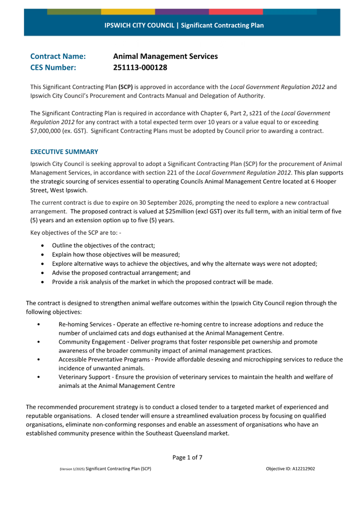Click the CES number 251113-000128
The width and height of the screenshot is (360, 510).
(140, 67)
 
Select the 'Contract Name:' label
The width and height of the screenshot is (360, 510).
(58, 56)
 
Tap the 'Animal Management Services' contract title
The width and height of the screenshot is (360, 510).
(165, 56)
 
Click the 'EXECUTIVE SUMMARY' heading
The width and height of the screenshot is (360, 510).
(64, 152)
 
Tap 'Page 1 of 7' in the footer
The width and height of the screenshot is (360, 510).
(187, 457)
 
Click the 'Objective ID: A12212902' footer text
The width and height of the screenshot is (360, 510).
(290, 469)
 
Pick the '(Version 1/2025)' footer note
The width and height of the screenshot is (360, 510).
(72, 469)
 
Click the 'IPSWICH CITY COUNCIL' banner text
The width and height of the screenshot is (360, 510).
(139, 26)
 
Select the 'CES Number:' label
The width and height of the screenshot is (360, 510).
(53, 67)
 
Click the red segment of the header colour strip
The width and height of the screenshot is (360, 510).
(236, 12)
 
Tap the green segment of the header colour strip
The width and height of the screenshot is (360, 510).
(74, 12)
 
